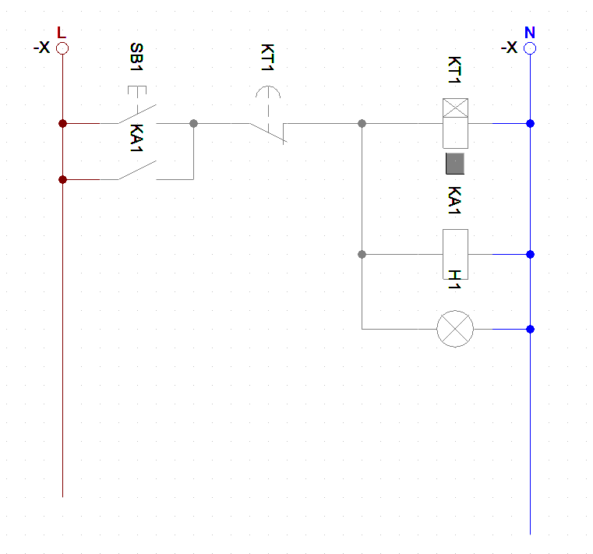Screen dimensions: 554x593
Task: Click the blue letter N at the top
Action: coord(530,33)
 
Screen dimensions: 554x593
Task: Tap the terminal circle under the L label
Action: coord(62,48)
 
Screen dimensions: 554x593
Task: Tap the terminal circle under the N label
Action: coord(530,48)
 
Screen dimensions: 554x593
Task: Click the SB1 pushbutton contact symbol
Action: coord(137,113)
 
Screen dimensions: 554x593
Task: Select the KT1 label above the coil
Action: coord(455,70)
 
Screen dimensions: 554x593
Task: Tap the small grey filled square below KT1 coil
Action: coord(455,164)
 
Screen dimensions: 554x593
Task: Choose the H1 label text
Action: coord(455,280)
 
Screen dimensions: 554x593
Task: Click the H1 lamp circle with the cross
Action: coord(455,329)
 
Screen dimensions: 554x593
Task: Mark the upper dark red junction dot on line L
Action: coord(62,123)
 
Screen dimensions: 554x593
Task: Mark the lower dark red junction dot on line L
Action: coord(62,179)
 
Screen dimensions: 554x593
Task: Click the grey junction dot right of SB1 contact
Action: coord(193,123)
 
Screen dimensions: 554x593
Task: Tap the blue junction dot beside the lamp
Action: coord(530,329)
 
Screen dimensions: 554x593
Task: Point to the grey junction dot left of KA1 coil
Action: coord(362,254)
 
